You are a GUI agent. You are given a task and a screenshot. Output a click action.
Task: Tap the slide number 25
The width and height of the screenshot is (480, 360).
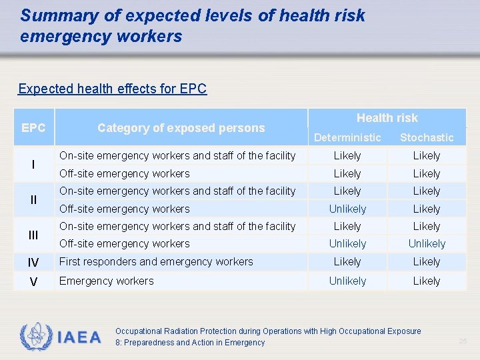(463, 341)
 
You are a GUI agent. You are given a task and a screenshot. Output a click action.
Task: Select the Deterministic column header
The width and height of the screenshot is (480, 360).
(347, 137)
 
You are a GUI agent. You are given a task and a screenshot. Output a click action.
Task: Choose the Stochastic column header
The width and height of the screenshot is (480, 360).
(427, 137)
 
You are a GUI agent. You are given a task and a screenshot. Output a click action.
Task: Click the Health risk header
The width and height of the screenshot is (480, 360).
(387, 118)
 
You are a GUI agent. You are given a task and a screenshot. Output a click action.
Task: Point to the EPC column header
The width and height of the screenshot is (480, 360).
(33, 127)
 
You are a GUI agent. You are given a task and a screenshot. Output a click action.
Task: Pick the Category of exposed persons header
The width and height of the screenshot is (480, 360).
(181, 127)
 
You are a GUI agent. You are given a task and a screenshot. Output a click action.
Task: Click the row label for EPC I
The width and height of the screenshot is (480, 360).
(33, 164)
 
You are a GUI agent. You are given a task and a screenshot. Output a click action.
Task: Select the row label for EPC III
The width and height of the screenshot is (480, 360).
(33, 235)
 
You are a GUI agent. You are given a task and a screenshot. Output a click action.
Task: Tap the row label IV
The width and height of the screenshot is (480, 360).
(33, 263)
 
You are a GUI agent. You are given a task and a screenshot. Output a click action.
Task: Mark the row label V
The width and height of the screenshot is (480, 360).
(33, 281)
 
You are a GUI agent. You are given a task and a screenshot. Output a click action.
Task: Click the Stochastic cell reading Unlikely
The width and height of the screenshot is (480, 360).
(427, 244)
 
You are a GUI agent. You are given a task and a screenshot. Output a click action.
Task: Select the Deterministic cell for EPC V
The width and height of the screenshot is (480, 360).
(347, 281)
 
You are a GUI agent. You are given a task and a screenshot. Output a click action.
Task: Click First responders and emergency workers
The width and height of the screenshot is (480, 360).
(156, 262)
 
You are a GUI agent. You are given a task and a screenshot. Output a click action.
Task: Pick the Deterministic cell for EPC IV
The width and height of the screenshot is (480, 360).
(347, 262)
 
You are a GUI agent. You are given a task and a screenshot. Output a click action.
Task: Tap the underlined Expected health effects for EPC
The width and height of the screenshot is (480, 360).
(113, 89)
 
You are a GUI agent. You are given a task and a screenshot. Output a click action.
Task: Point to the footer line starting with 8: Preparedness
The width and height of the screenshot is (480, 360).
(190, 343)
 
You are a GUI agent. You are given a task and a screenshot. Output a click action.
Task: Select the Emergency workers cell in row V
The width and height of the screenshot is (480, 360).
(106, 281)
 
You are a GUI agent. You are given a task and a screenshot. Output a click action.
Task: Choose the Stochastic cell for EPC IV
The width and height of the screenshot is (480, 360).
(427, 262)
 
